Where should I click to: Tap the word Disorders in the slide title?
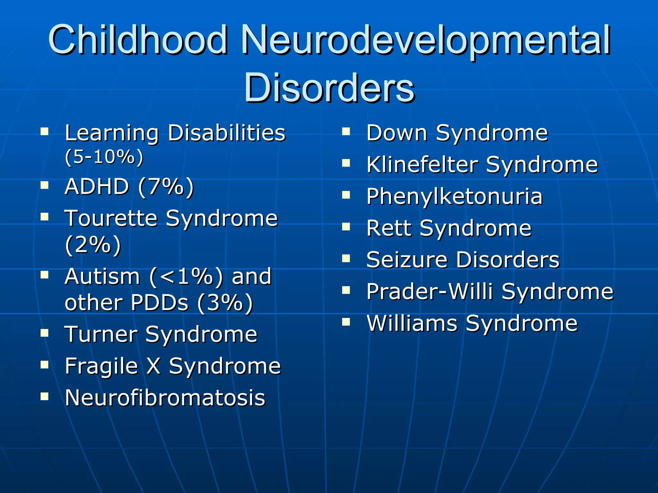[x=329, y=87]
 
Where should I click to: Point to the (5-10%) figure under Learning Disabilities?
[x=104, y=157]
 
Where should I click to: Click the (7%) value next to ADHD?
[x=166, y=187]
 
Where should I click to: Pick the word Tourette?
[x=111, y=218]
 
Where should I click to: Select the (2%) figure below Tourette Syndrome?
[x=93, y=245]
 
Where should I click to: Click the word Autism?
[x=102, y=276]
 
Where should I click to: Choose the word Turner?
[x=101, y=334]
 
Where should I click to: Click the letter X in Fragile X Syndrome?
[x=153, y=366]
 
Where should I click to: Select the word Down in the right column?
[x=397, y=133]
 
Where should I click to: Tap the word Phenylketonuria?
[x=454, y=197]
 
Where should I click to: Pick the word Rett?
[x=389, y=228]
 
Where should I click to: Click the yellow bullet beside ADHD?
[x=44, y=185]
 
